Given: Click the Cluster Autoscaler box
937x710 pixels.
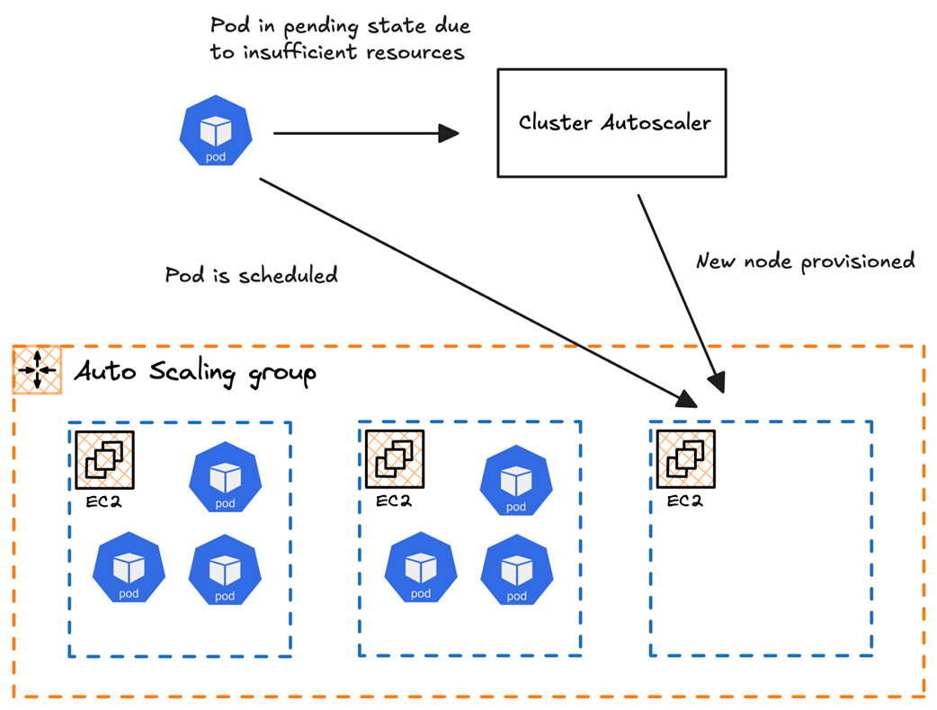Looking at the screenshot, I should [x=612, y=123].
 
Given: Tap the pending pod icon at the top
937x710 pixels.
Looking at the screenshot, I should [x=216, y=133].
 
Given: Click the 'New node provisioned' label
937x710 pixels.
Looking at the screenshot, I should [x=806, y=262].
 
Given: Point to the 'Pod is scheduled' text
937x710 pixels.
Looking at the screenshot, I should [x=252, y=275].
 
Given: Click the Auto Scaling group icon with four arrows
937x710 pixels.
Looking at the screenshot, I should [x=37, y=369].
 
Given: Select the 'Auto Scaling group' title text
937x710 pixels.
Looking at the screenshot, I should [x=195, y=371].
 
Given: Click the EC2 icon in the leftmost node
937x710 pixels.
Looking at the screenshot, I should [x=104, y=459].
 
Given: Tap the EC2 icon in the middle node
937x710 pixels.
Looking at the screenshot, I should [x=395, y=459].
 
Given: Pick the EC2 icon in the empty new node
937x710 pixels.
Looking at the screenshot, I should [x=686, y=459].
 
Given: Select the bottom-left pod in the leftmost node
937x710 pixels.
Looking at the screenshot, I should [x=129, y=568].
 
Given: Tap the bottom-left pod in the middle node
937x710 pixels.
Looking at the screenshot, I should [x=421, y=570].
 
